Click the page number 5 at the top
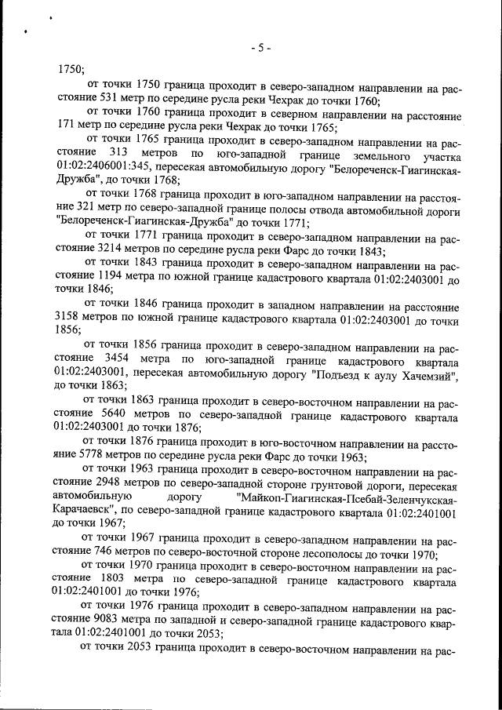[x=260, y=48]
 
